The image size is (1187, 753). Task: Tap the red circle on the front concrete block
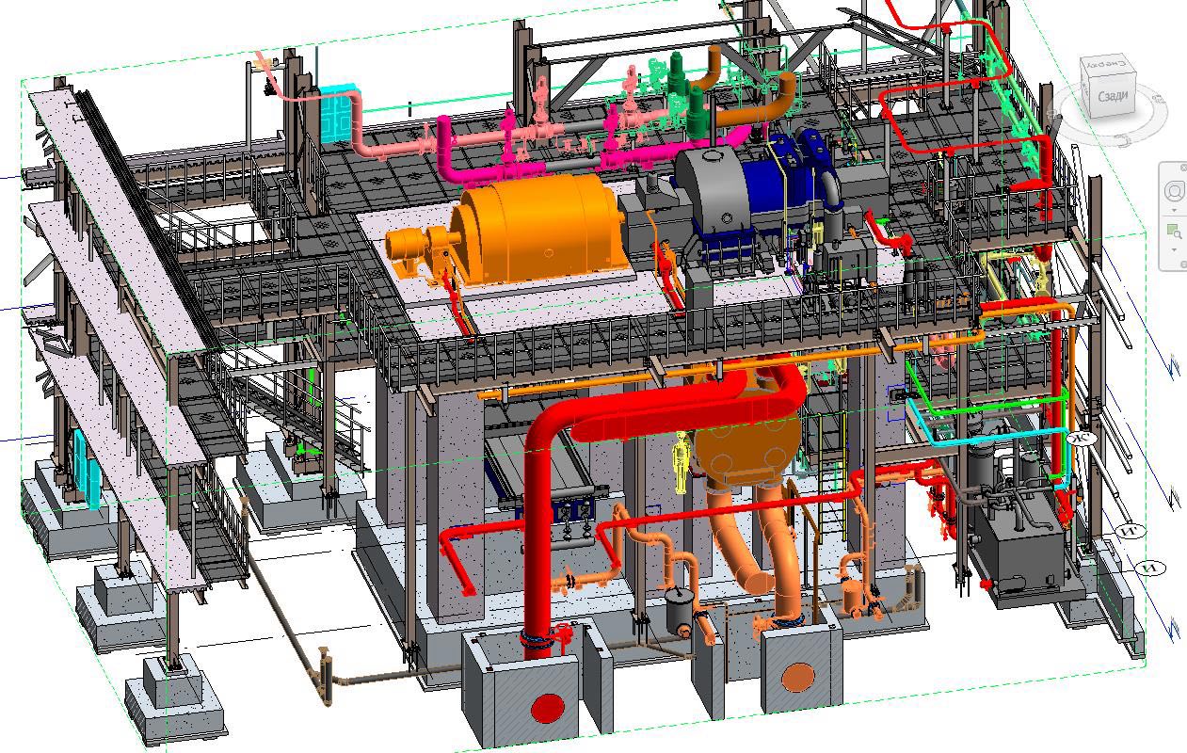pyautogui.click(x=547, y=707)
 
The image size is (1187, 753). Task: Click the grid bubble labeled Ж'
pyautogui.click(x=1082, y=437)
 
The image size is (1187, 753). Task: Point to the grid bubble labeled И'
pyautogui.click(x=1132, y=532)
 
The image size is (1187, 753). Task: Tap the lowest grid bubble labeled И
pyautogui.click(x=1150, y=568)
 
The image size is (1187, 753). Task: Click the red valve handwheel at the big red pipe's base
pyautogui.click(x=564, y=632)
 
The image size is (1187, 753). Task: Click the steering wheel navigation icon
pyautogui.click(x=1174, y=191)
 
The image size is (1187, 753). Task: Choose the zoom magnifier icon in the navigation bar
pyautogui.click(x=1174, y=231)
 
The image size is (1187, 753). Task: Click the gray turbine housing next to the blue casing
pyautogui.click(x=711, y=188)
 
